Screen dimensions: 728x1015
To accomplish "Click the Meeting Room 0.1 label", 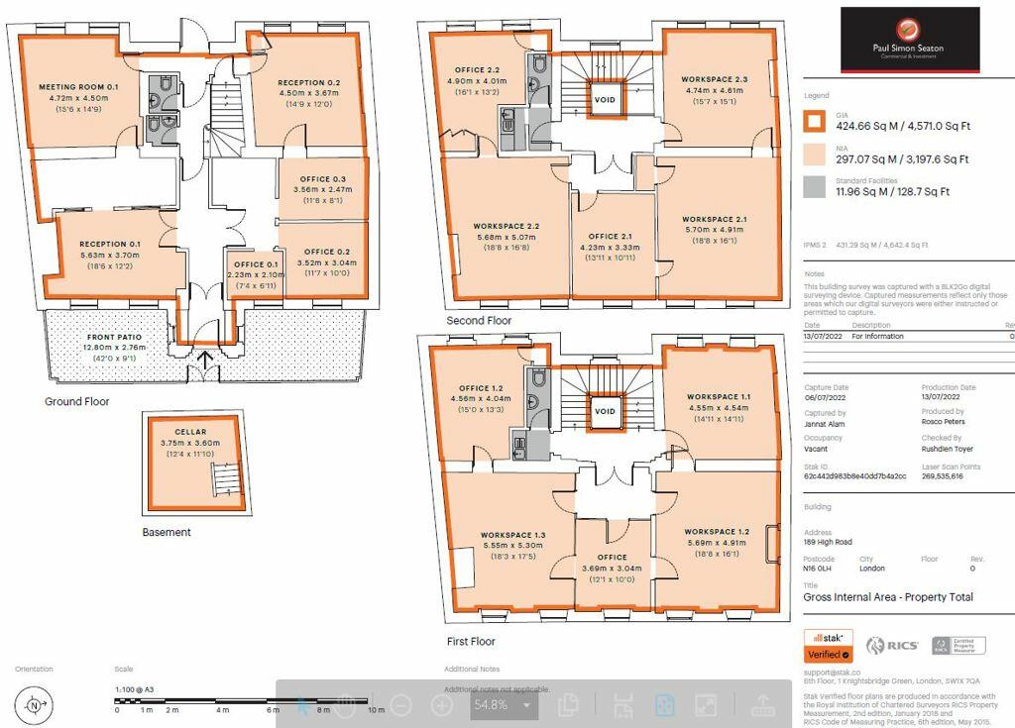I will pos(78,87).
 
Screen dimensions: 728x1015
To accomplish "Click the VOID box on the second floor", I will pos(605,100).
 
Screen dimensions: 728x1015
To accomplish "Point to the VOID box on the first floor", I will pos(605,410).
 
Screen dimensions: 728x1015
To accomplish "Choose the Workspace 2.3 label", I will pos(714,79).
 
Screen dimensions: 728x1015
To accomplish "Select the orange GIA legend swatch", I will pos(814,122).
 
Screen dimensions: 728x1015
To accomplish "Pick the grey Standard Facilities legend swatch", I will pos(814,186).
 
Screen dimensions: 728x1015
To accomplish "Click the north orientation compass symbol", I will pos(35,706).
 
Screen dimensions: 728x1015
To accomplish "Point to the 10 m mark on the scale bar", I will pos(376,710).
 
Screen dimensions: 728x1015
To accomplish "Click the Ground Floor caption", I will pos(76,402).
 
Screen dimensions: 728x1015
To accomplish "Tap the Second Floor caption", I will pos(479,321).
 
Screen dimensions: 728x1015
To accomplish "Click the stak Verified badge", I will pos(828,645).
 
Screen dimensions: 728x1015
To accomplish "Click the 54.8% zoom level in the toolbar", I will pos(490,705).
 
